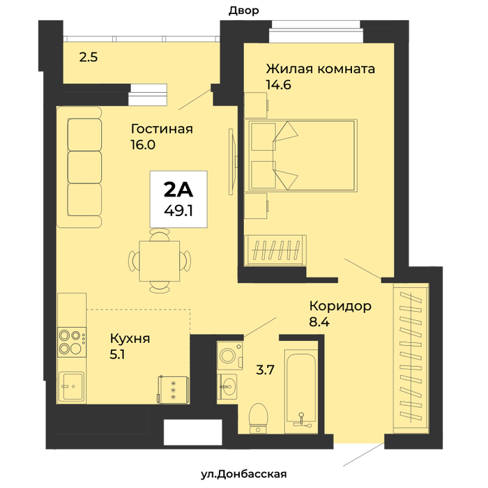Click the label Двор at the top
point(244,10)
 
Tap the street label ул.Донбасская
point(244,474)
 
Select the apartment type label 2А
point(178,190)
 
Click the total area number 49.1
point(178,211)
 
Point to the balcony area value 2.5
point(89,57)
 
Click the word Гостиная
point(162,128)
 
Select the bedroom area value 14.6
point(279,84)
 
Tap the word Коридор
point(340,306)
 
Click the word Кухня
point(130,338)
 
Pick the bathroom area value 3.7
point(265,370)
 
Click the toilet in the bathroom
point(259,418)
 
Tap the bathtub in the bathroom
point(301,391)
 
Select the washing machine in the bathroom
point(229,356)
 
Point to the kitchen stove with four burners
point(72,342)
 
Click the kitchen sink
point(71,386)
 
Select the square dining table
point(160,261)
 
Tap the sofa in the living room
point(79,167)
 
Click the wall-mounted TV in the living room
point(232,162)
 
